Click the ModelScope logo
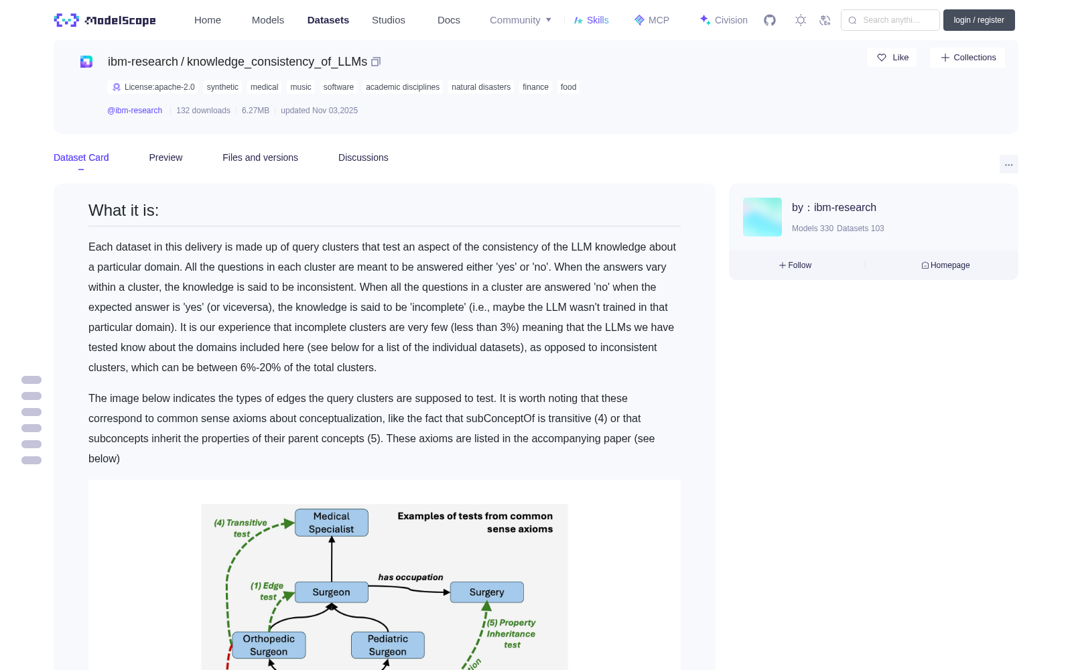(105, 20)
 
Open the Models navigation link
(267, 20)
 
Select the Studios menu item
(388, 20)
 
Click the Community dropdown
(520, 20)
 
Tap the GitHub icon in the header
(770, 20)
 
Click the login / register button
(979, 20)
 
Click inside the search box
(890, 20)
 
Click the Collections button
(967, 58)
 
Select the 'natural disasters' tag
(481, 87)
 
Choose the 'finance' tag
(535, 87)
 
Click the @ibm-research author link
(135, 111)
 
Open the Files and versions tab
(260, 157)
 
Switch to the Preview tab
(165, 157)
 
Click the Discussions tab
(363, 157)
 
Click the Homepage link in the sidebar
(945, 265)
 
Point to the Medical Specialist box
(332, 523)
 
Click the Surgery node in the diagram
(486, 592)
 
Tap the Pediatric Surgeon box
(388, 645)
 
